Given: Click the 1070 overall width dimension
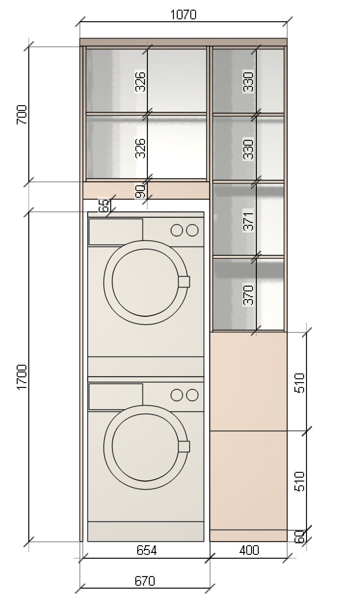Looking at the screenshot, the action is pyautogui.click(x=183, y=14).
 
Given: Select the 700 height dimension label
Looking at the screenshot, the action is pyautogui.click(x=22, y=115).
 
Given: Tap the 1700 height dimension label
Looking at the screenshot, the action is pyautogui.click(x=22, y=377).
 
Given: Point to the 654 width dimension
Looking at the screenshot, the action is pyautogui.click(x=147, y=550).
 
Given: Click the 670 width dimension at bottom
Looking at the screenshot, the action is pyautogui.click(x=145, y=581).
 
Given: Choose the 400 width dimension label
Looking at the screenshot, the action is pyautogui.click(x=249, y=550).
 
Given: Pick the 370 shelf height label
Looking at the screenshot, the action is pyautogui.click(x=248, y=295).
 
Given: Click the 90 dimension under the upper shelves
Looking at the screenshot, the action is pyautogui.click(x=140, y=191).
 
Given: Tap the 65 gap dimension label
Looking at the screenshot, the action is pyautogui.click(x=104, y=206).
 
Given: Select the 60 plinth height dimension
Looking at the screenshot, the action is pyautogui.click(x=299, y=536).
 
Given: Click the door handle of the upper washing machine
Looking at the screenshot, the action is pyautogui.click(x=184, y=281).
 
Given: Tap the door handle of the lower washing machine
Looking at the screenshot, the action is pyautogui.click(x=184, y=446).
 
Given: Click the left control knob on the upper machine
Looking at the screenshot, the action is pyautogui.click(x=177, y=230).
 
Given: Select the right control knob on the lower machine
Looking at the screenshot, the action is pyautogui.click(x=192, y=395).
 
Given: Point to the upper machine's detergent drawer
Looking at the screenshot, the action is pyautogui.click(x=116, y=232).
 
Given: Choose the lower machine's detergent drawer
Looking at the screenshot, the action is pyautogui.click(x=116, y=397).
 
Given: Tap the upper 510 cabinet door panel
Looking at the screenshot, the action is pyautogui.click(x=248, y=381).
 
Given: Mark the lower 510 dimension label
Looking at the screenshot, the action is pyautogui.click(x=299, y=482).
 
